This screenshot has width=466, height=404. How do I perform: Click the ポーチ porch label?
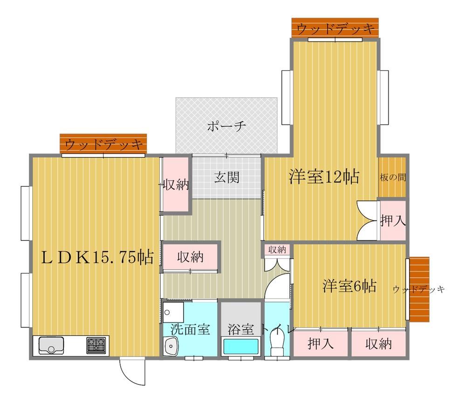pyautogui.click(x=226, y=126)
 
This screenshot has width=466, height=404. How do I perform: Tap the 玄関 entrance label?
pyautogui.click(x=226, y=178)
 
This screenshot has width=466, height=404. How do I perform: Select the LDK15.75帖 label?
pyautogui.click(x=97, y=257)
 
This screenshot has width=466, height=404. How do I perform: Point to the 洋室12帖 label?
pyautogui.click(x=324, y=177)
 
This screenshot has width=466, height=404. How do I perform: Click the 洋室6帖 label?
pyautogui.click(x=349, y=286)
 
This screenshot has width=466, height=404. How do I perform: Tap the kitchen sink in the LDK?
pyautogui.click(x=51, y=345)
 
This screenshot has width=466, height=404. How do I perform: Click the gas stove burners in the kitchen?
pyautogui.click(x=96, y=345)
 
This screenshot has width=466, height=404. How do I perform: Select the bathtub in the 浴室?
pyautogui.click(x=241, y=347)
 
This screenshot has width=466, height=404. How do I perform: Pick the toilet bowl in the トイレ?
pyautogui.click(x=277, y=342)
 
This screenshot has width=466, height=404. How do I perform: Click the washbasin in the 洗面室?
pyautogui.click(x=171, y=346)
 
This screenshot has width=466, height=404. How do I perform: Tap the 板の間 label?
pyautogui.click(x=392, y=178)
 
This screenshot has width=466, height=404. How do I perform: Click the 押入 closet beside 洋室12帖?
pyautogui.click(x=393, y=220)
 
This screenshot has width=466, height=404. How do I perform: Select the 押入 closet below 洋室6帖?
pyautogui.click(x=321, y=343)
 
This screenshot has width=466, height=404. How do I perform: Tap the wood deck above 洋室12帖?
pyautogui.click(x=335, y=28)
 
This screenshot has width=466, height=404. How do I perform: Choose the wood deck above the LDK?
pyautogui.click(x=103, y=144)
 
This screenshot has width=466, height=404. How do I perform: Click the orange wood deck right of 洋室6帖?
pyautogui.click(x=419, y=289)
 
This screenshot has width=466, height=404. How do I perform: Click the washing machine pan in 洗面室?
pyautogui.click(x=173, y=313)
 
